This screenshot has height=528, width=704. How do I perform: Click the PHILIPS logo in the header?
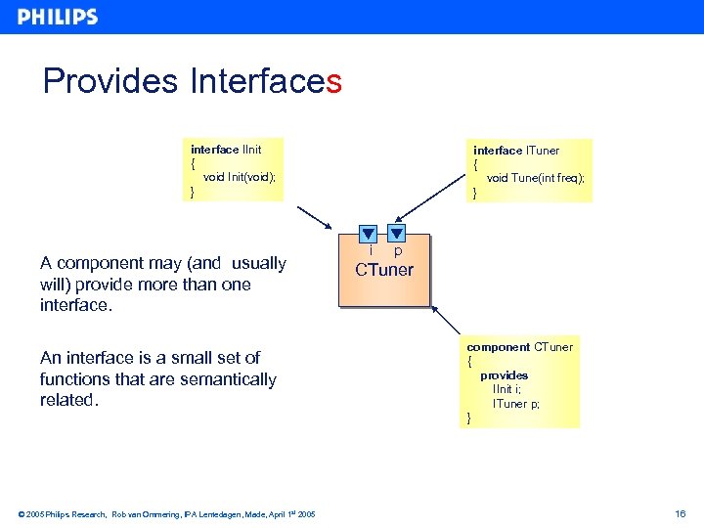(x=58, y=17)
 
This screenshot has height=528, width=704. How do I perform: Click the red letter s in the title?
(x=334, y=81)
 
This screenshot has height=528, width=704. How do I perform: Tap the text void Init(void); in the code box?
(x=240, y=177)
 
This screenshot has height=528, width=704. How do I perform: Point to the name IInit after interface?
(x=252, y=150)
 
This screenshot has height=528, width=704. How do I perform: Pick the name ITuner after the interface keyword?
(x=543, y=151)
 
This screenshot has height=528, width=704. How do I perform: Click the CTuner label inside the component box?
(x=384, y=270)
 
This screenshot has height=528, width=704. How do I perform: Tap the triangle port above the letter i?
(x=368, y=234)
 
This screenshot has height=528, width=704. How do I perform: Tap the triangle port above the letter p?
(x=397, y=234)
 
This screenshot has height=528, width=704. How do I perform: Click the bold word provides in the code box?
(x=504, y=375)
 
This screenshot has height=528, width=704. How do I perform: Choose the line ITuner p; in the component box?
(x=516, y=404)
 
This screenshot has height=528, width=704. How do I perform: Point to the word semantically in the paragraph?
(x=229, y=379)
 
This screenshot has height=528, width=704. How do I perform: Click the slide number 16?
(x=681, y=513)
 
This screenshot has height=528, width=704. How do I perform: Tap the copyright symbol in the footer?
(x=22, y=514)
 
